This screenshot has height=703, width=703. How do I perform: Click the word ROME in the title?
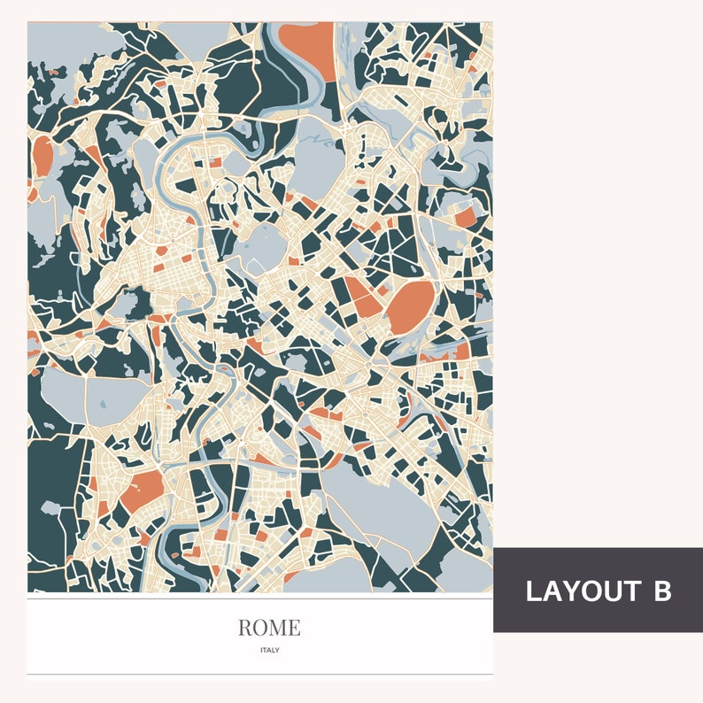pyautogui.click(x=269, y=628)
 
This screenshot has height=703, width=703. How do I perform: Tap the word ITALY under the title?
pyautogui.click(x=269, y=650)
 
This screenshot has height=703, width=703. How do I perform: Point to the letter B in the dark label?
pyautogui.click(x=662, y=591)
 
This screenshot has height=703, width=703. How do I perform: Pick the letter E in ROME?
pyautogui.click(x=294, y=628)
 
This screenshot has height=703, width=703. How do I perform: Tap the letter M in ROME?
pyautogui.click(x=278, y=628)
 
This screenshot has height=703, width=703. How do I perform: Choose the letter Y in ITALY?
pyautogui.click(x=277, y=650)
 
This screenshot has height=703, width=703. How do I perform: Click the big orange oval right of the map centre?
pyautogui.click(x=411, y=306)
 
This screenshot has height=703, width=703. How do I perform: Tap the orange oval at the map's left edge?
pyautogui.click(x=42, y=156)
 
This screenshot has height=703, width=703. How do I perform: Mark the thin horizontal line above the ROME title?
pyautogui.click(x=259, y=599)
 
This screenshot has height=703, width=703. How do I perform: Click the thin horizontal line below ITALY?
pyautogui.click(x=259, y=674)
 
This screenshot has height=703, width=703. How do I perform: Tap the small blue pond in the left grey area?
pyautogui.click(x=104, y=405)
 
